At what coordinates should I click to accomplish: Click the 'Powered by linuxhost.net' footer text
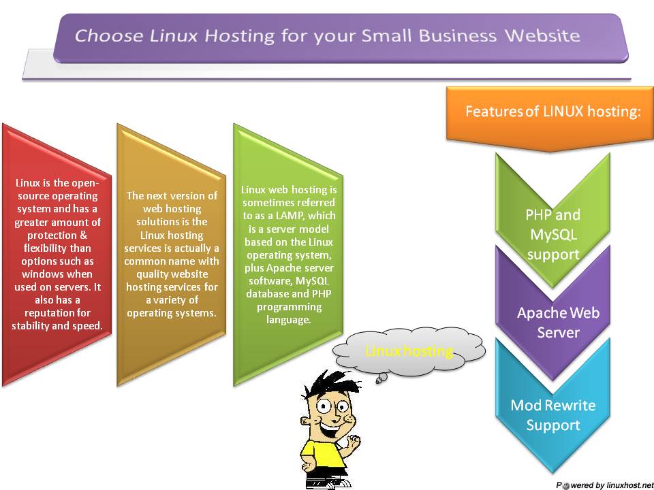click(601, 485)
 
